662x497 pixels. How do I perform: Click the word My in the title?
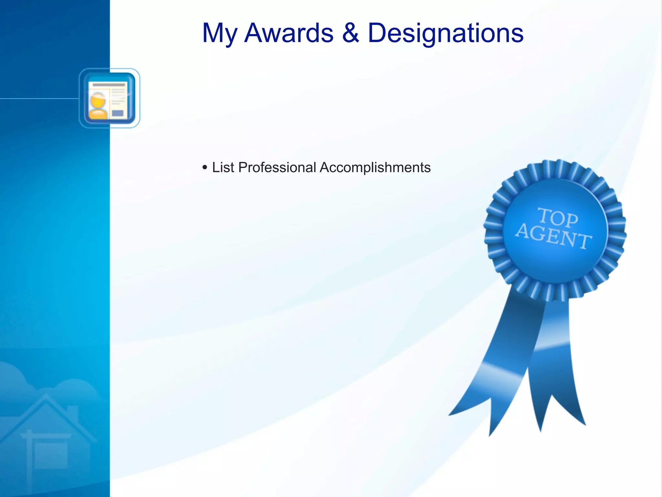(x=219, y=34)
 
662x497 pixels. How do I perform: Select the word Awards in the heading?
(x=289, y=33)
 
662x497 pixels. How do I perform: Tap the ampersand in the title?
(x=350, y=33)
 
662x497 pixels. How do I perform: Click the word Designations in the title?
(x=445, y=34)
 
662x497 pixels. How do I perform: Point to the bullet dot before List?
(x=205, y=168)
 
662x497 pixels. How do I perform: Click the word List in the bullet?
(x=223, y=168)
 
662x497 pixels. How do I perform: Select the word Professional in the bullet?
(x=277, y=168)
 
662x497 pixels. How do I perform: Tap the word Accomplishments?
(x=375, y=168)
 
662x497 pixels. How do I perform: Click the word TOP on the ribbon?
(x=558, y=217)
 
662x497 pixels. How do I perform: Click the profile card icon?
(x=109, y=98)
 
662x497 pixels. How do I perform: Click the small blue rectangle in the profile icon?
(x=118, y=113)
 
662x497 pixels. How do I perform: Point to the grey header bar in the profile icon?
(x=109, y=85)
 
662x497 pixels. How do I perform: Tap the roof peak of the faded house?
(x=46, y=396)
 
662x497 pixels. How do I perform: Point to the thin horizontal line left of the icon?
(x=39, y=98)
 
